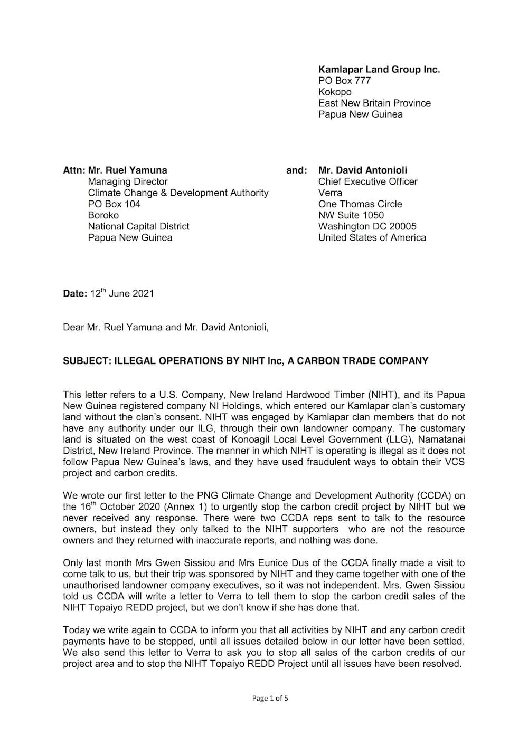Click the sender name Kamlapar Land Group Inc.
tap(379, 70)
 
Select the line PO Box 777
tap(344, 81)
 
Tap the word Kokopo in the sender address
tap(334, 92)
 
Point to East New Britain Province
tap(374, 103)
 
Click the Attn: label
tap(74, 170)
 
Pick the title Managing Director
tap(128, 181)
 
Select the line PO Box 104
tap(114, 204)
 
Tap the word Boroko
tap(103, 215)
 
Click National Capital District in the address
tap(138, 226)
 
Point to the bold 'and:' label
tap(296, 170)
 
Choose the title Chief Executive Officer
tap(367, 181)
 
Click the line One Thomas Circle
tap(360, 204)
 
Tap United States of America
tap(372, 237)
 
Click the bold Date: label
tap(75, 294)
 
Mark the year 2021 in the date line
tap(143, 294)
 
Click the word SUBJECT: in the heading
tap(86, 361)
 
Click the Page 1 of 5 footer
tap(270, 699)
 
